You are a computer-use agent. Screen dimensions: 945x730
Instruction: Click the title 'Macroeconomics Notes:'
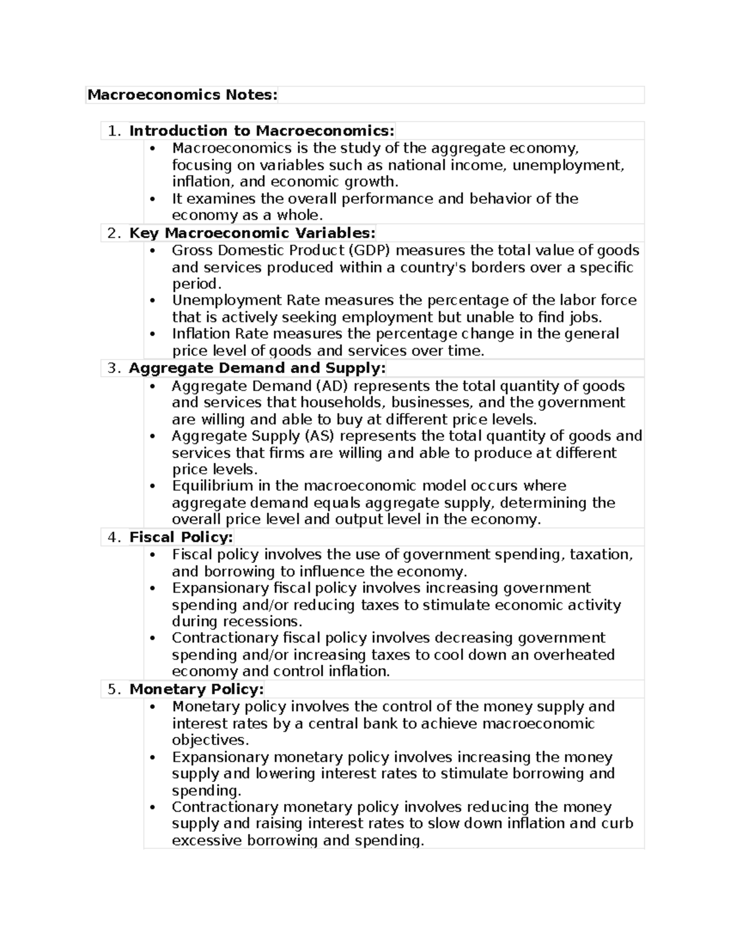pyautogui.click(x=182, y=95)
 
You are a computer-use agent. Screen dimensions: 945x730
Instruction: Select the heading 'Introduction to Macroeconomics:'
pyautogui.click(x=262, y=131)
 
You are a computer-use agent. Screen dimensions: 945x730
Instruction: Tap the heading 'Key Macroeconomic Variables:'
pyautogui.click(x=252, y=233)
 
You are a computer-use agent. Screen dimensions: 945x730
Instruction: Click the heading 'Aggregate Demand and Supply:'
pyautogui.click(x=257, y=368)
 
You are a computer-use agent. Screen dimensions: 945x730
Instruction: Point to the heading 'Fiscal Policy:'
pyautogui.click(x=181, y=537)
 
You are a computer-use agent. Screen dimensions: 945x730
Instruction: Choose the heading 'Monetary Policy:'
pyautogui.click(x=196, y=689)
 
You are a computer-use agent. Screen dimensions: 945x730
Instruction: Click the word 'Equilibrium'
pyautogui.click(x=212, y=486)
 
